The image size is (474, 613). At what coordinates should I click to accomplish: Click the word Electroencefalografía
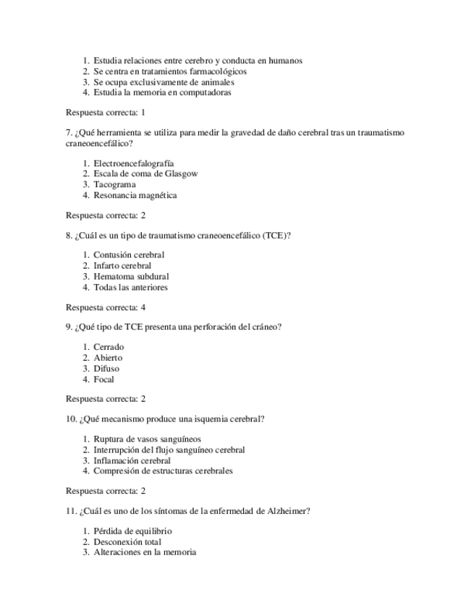point(133,163)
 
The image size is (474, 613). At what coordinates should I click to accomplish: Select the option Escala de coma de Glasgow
point(145,174)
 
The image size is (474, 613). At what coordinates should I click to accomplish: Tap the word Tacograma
point(114,185)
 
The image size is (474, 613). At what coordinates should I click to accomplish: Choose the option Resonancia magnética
point(135,195)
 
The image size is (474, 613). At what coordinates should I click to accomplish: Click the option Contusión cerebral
point(129,255)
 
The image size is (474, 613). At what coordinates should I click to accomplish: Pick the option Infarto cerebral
point(122,266)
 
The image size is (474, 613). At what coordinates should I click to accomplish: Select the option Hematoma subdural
point(131,277)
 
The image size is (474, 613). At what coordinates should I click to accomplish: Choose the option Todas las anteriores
point(130,288)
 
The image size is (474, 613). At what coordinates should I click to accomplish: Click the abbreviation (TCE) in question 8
point(279,236)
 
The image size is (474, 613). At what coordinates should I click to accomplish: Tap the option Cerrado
point(109,347)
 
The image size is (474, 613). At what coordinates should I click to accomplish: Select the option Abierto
point(108,358)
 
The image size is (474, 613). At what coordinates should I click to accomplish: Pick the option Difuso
point(106,369)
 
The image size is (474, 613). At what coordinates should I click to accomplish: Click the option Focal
point(103,380)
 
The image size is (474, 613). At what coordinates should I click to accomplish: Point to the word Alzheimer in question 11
point(287,512)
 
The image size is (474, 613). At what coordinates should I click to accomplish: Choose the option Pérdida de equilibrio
point(132,531)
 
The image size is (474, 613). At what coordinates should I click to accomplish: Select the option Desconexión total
point(127,542)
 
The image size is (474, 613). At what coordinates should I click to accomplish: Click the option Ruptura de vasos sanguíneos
point(147,439)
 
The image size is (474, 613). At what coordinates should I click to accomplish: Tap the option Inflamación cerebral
point(132,460)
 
